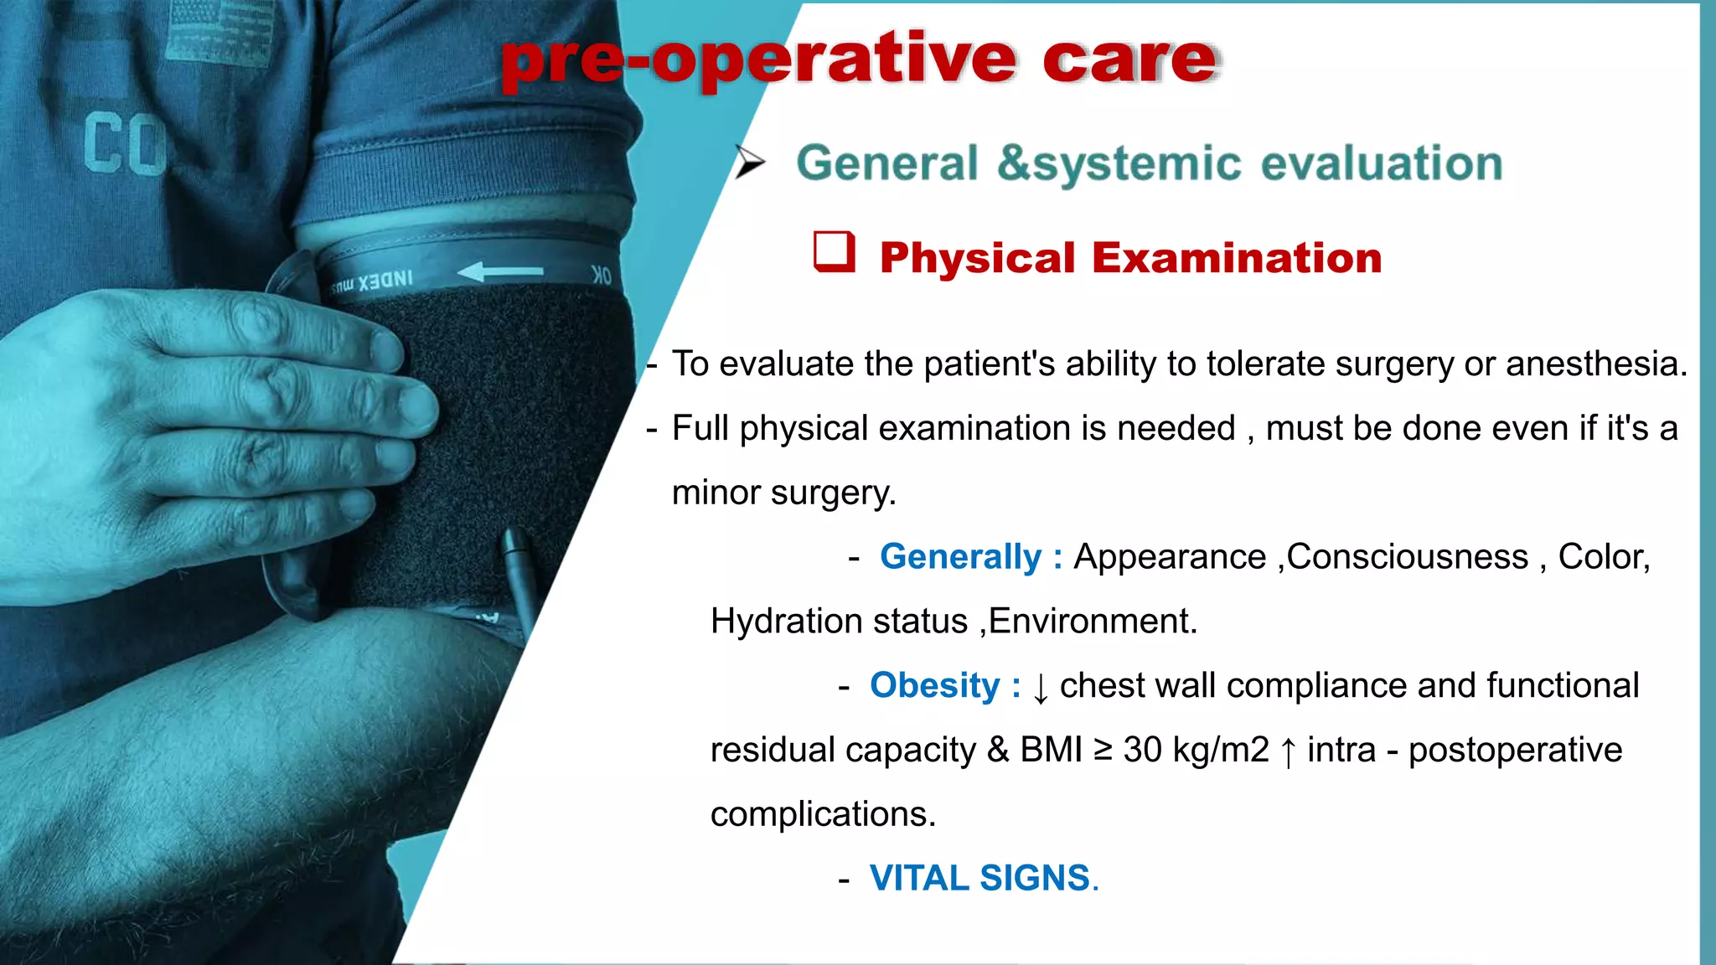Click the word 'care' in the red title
click(1129, 60)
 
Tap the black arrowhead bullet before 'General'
click(750, 162)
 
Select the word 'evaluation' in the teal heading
click(1382, 163)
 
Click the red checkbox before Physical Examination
click(834, 252)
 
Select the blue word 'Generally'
click(960, 557)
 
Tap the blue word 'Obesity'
click(934, 686)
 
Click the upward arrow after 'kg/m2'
click(1288, 751)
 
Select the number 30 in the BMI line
click(1143, 751)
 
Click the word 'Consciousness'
click(1408, 557)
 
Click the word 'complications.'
click(823, 814)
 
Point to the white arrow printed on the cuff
click(500, 271)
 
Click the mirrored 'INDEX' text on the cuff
click(385, 281)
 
